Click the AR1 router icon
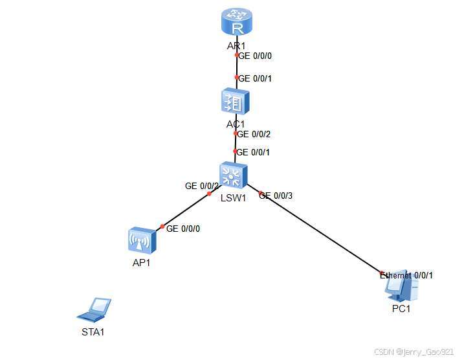(236, 23)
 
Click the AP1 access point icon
(142, 241)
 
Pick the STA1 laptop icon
(94, 309)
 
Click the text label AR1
(236, 46)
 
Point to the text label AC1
(235, 124)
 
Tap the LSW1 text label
(233, 198)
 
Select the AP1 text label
(142, 262)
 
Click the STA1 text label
(93, 332)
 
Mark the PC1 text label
(401, 308)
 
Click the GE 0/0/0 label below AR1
(256, 56)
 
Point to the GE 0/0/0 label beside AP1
(183, 229)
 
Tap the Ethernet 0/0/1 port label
(407, 275)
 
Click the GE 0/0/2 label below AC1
(254, 135)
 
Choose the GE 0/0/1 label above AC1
(256, 78)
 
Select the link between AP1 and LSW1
(186, 210)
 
